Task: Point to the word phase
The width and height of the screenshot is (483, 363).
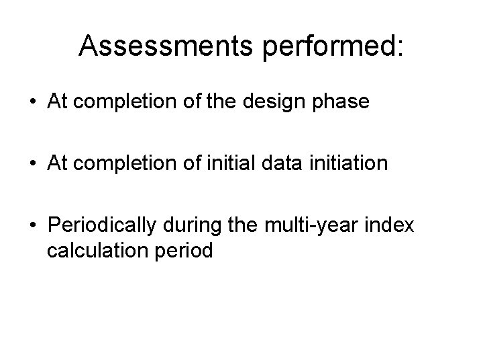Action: point(346,102)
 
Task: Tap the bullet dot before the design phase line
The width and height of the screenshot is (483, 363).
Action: point(33,102)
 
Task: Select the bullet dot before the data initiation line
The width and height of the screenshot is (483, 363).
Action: point(33,163)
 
